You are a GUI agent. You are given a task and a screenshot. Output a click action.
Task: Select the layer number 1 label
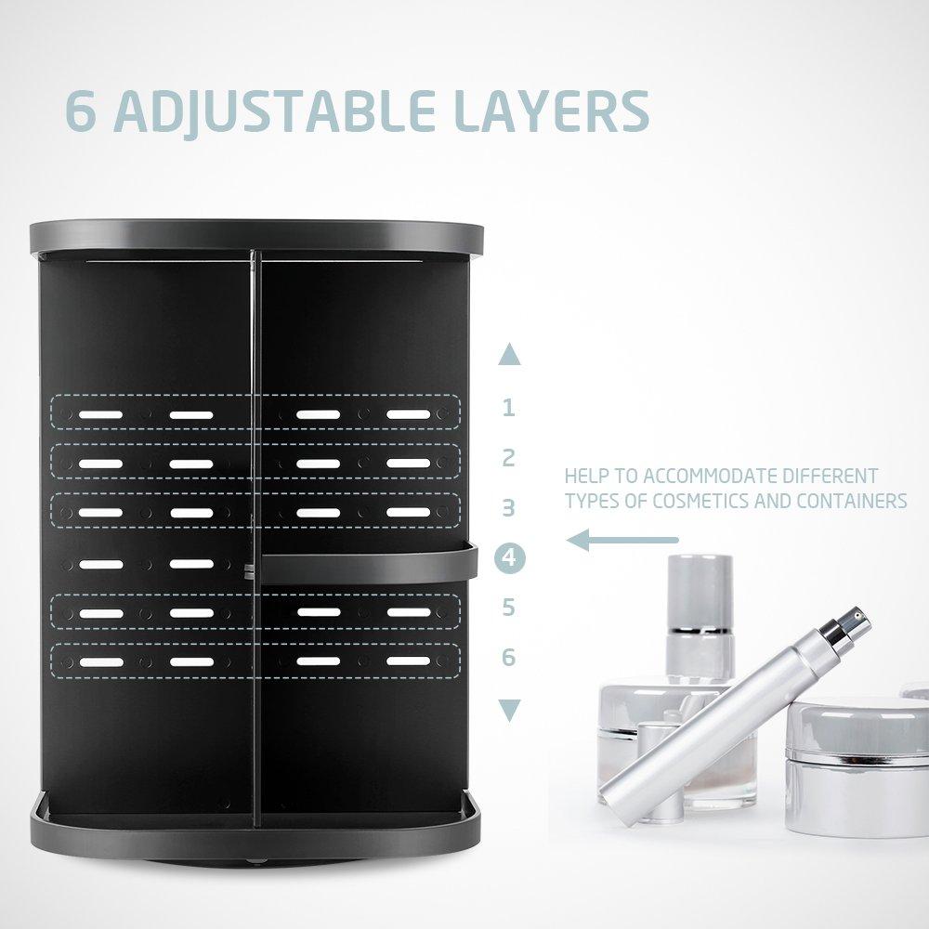508,407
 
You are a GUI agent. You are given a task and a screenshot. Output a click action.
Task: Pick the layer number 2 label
508,457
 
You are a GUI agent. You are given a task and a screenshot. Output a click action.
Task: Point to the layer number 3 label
508,507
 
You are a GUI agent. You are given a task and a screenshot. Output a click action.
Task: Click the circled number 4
509,557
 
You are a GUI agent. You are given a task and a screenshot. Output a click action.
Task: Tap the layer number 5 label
508,608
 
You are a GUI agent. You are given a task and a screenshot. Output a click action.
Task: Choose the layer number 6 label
508,658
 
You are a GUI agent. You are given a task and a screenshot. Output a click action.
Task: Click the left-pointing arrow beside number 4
622,539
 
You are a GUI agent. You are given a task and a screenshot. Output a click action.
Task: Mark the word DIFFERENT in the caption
830,477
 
